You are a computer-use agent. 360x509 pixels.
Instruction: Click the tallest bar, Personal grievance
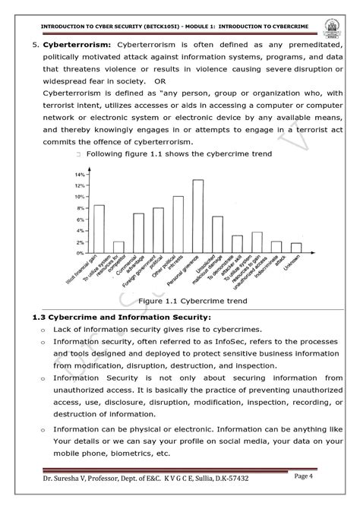[x=197, y=217]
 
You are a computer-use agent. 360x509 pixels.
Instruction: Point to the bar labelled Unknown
[x=296, y=248]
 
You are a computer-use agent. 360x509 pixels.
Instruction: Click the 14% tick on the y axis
[x=79, y=174]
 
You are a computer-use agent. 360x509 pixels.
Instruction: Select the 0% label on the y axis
[x=80, y=253]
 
